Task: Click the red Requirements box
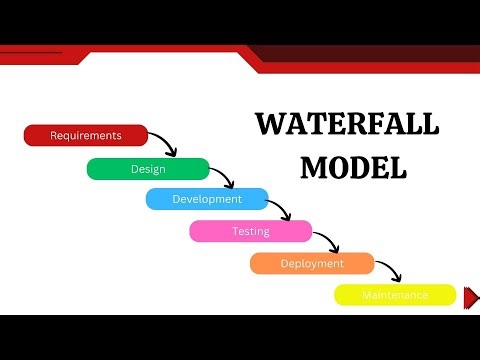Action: click(x=85, y=135)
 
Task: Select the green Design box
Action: click(x=148, y=169)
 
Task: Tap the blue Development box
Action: click(x=207, y=199)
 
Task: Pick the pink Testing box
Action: click(x=250, y=231)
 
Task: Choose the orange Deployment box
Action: click(x=312, y=263)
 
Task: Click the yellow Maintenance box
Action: click(x=395, y=295)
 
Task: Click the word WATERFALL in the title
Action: click(x=346, y=124)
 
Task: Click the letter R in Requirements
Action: click(x=53, y=135)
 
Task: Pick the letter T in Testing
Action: click(x=236, y=231)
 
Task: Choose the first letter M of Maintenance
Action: click(x=366, y=295)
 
